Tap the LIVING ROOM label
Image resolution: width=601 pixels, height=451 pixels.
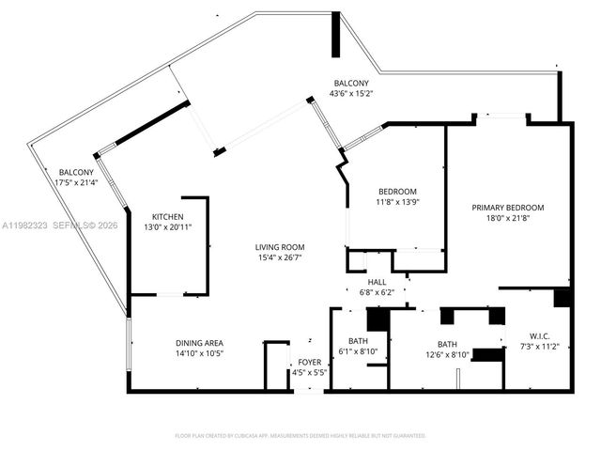279,247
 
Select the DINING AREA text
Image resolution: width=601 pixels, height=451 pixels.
199,343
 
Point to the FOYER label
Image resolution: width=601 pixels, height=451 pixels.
310,362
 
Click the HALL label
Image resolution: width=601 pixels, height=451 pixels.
377,282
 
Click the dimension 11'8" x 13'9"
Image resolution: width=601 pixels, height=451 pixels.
396,202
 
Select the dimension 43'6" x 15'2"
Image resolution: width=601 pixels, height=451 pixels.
351,93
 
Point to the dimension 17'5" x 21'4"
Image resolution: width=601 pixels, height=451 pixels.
76,183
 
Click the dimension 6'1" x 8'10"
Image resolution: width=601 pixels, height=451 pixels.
357,351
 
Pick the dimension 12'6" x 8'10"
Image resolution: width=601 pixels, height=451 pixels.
447,354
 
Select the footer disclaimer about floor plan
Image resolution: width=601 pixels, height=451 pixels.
300,436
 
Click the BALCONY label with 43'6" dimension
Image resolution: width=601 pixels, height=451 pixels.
351,83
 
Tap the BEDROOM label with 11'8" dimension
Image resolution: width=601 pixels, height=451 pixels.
396,192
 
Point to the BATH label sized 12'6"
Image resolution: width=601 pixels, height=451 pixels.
447,344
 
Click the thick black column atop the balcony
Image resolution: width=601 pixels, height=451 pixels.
334,35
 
